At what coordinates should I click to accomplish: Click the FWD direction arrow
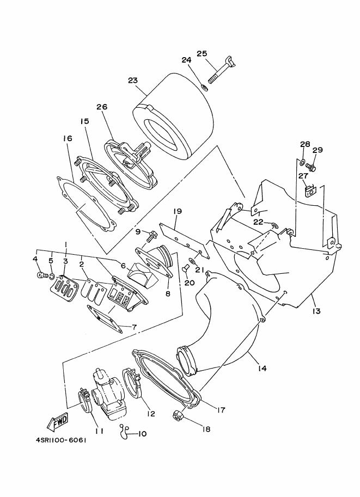[x=57, y=424]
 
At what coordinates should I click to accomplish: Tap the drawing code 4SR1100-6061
[x=59, y=440]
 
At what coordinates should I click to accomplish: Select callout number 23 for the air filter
[x=133, y=81]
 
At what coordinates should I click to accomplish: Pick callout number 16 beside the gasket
[x=68, y=138]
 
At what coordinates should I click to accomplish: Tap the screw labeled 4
[x=41, y=275]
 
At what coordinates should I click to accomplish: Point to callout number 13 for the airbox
[x=316, y=311]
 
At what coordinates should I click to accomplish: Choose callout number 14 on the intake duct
[x=262, y=368]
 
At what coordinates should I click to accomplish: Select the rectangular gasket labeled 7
[x=105, y=319]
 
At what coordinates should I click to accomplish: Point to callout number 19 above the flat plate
[x=178, y=211]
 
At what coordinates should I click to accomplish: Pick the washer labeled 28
[x=302, y=163]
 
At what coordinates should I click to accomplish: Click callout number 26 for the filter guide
[x=102, y=107]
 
